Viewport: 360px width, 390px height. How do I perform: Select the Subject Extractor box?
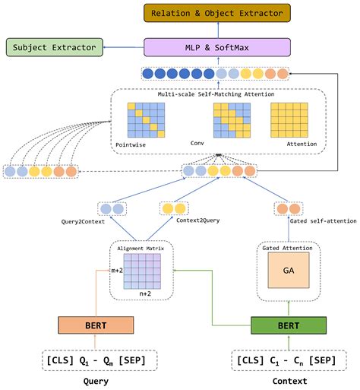pos(54,48)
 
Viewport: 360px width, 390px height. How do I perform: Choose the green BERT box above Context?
pos(288,325)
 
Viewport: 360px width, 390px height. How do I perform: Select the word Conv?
pos(197,142)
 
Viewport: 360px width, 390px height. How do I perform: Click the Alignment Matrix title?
pos(141,248)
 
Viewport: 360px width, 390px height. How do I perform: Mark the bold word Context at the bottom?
pos(289,381)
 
